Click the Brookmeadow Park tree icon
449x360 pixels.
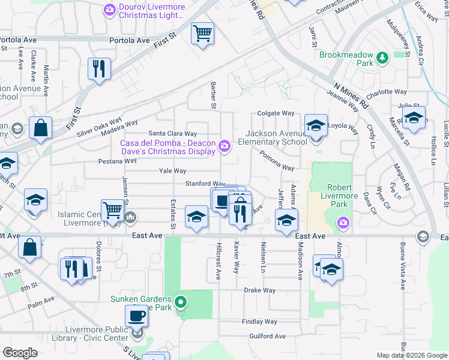382,58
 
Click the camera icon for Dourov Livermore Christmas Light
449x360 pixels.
109,9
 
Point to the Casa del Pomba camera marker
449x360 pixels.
224,145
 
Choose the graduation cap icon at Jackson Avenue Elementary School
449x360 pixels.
315,125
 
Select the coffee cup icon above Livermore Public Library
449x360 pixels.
136,316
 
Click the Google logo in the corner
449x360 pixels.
20,353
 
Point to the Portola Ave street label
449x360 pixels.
129,40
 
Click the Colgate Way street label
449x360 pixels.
276,113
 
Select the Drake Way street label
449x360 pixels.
259,290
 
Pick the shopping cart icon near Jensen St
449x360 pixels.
112,210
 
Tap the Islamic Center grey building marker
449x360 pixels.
129,217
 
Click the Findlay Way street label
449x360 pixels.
259,322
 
